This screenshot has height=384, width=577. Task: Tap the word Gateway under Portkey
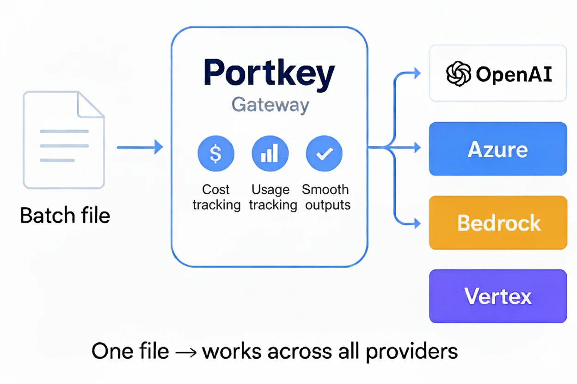tap(270, 105)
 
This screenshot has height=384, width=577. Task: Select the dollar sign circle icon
tap(216, 154)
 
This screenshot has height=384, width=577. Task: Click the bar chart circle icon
tap(270, 154)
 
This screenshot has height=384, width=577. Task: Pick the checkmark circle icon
tap(324, 154)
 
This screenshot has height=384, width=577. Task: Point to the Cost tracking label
tap(216, 197)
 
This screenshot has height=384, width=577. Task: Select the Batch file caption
tap(65, 216)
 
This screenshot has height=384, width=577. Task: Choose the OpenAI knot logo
tap(458, 74)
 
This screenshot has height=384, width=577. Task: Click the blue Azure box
tap(497, 149)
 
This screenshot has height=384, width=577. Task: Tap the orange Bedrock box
tap(497, 223)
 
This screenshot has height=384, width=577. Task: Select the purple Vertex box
tap(497, 296)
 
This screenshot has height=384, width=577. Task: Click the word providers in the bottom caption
tap(411, 352)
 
